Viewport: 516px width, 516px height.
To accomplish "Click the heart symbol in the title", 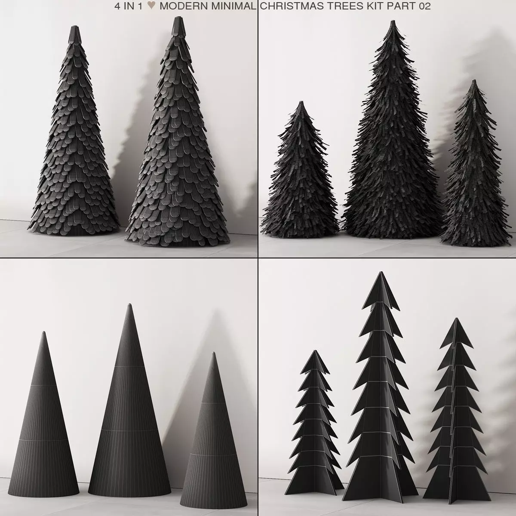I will (150, 6).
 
